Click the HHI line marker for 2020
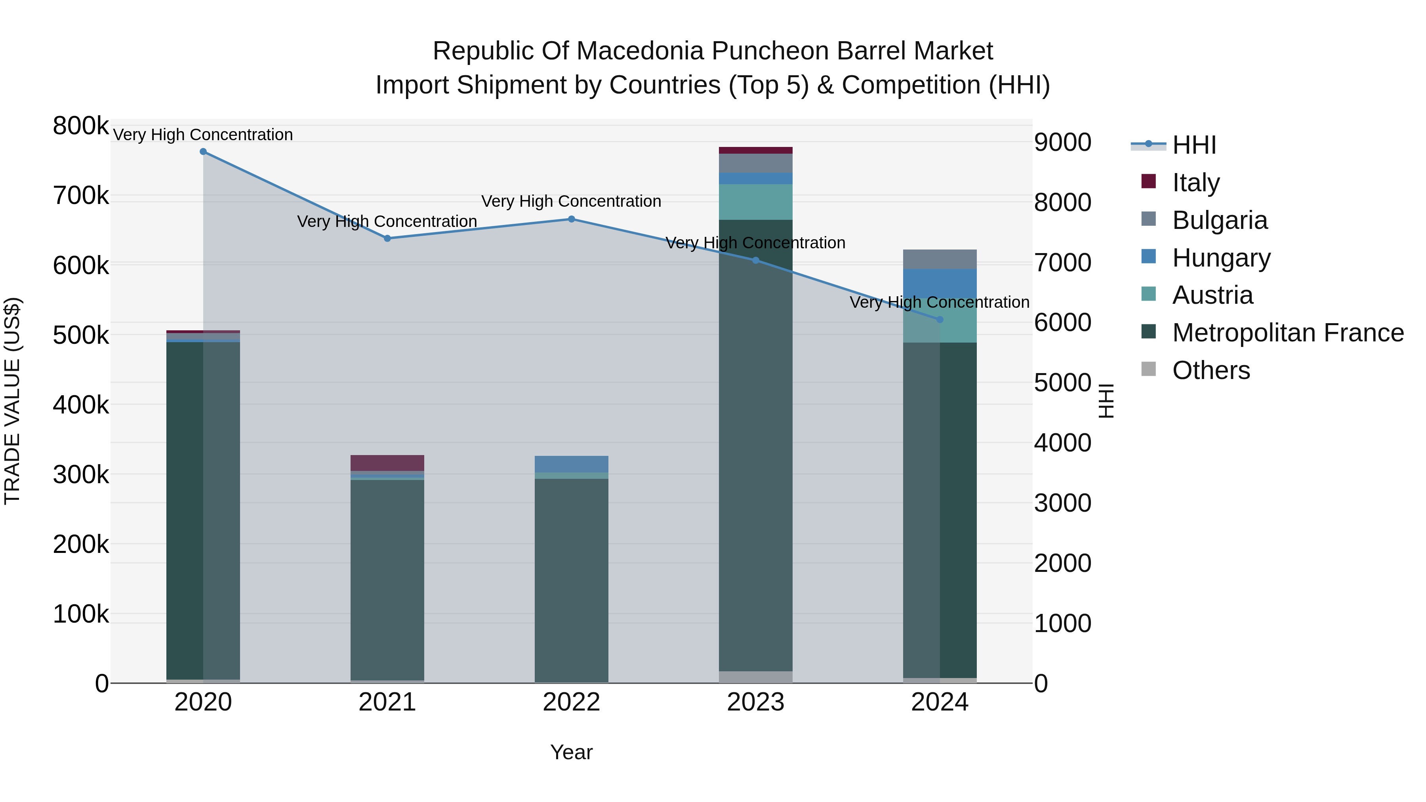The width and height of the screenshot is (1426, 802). tap(203, 152)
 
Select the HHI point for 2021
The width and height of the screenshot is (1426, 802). tap(387, 238)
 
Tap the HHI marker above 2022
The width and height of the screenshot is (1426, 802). tap(571, 219)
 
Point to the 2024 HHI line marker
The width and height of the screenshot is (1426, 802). tap(940, 319)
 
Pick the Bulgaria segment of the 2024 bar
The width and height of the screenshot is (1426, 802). tap(940, 259)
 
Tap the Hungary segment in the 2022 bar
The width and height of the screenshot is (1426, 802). tap(571, 464)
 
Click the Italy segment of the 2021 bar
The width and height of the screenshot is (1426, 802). tap(387, 463)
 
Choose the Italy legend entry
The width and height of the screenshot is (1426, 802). tap(1196, 183)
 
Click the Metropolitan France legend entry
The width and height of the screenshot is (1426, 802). tap(1288, 333)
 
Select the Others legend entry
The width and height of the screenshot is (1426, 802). tap(1211, 370)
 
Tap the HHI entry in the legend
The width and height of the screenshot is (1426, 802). tap(1194, 145)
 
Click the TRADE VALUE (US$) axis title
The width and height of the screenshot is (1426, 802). tap(13, 401)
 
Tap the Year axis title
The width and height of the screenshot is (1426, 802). tap(571, 752)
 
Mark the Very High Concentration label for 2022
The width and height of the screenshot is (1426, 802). tap(571, 202)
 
